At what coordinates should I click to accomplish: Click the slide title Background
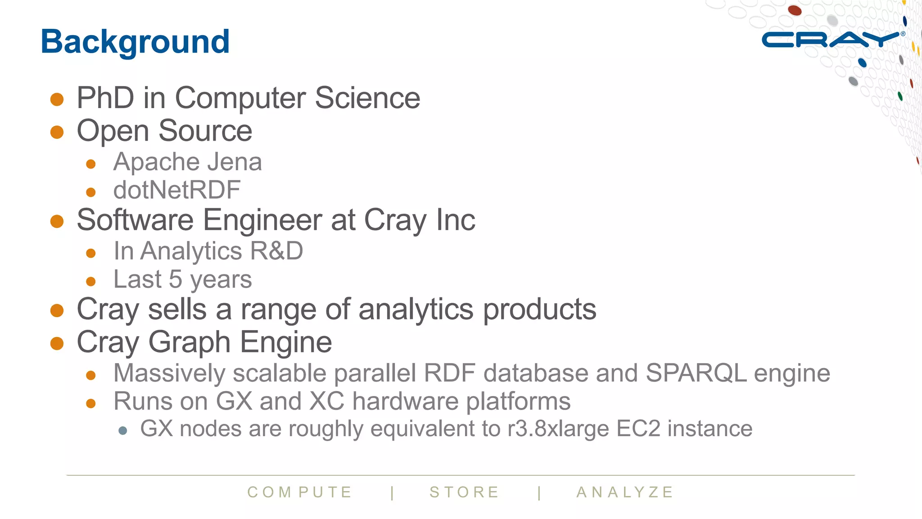pos(135,41)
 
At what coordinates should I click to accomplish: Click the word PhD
pos(105,98)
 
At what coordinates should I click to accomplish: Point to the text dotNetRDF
pos(177,190)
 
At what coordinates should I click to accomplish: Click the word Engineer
pos(262,220)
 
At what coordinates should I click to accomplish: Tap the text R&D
pos(276,251)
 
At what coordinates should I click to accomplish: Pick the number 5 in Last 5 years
pos(176,279)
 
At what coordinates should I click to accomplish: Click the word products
pos(539,310)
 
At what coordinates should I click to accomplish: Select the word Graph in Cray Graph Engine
pos(189,342)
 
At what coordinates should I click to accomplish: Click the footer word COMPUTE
pos(299,492)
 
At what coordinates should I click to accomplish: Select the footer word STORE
pos(464,492)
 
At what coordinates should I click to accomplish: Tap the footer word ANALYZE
pos(625,492)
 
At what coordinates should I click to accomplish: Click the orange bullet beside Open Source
pos(57,132)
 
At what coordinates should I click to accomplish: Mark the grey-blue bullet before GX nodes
pos(123,431)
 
